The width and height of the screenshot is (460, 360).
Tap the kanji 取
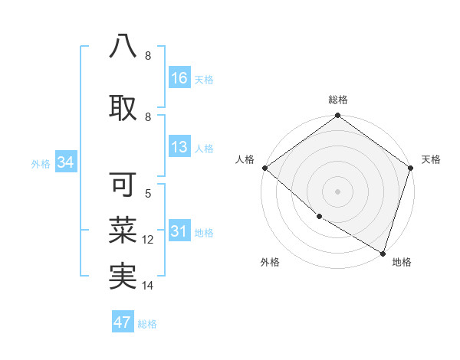[x=123, y=107]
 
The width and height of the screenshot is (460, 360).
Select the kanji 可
[x=123, y=185]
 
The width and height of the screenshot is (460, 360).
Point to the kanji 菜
[x=123, y=229]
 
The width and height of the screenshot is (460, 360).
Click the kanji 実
[x=123, y=277]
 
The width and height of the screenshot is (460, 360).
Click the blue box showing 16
[x=179, y=78]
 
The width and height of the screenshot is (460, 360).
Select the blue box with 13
[x=179, y=148]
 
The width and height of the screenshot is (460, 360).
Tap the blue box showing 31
[x=179, y=232]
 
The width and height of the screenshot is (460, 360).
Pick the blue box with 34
[x=65, y=162]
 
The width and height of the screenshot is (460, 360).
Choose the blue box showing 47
[x=123, y=322]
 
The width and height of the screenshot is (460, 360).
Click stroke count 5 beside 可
[x=148, y=195]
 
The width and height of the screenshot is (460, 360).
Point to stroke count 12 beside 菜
[x=149, y=240]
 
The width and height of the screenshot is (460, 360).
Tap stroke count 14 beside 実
[x=149, y=286]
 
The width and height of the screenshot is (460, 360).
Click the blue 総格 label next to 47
[x=147, y=324]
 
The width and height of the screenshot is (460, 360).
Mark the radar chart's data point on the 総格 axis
[x=337, y=116]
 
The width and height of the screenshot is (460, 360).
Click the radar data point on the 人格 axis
[x=264, y=168]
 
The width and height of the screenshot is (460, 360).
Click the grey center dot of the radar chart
[x=337, y=191]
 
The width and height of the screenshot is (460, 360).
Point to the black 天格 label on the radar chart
[x=431, y=159]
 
